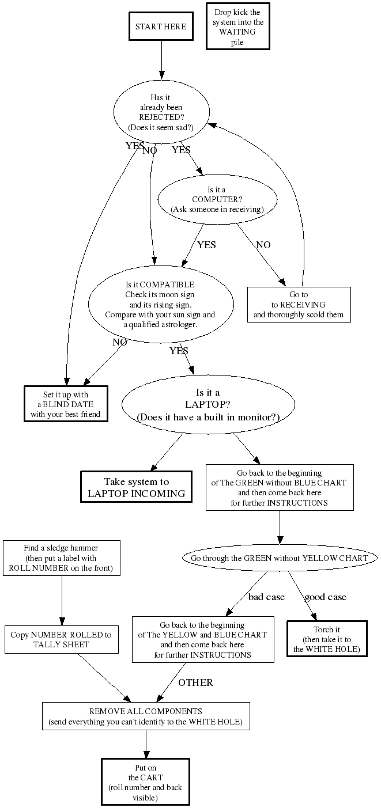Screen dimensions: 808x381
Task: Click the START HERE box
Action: [x=160, y=26]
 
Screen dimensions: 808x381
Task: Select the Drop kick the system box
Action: [x=237, y=26]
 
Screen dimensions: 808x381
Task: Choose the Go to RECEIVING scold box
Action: [x=299, y=304]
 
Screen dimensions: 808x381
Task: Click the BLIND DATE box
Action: [x=66, y=404]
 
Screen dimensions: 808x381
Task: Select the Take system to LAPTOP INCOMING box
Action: [x=137, y=487]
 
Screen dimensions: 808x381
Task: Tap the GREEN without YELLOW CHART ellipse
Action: [x=279, y=558]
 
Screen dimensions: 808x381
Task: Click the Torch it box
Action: [x=327, y=639]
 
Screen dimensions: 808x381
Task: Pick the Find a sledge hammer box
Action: [x=61, y=558]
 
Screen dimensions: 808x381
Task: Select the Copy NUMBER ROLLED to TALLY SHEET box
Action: [x=61, y=639]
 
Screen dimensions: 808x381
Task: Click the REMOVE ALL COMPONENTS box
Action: [x=146, y=716]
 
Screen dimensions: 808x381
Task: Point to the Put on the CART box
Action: [x=145, y=782]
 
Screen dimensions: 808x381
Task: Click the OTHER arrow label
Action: [x=195, y=682]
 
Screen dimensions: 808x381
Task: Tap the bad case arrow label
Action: [x=266, y=597]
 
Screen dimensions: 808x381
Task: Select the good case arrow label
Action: [x=325, y=597]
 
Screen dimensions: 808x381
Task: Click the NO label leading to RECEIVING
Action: [x=263, y=245]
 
